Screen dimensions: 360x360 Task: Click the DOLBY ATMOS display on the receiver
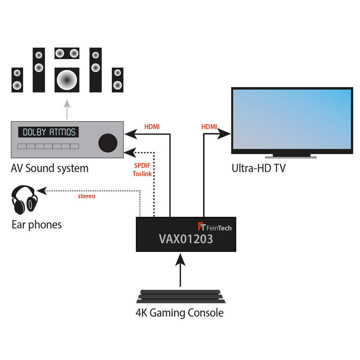[x=49, y=132]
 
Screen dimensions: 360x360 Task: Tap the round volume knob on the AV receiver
[x=108, y=143]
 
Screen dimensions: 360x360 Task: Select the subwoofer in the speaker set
[x=67, y=80]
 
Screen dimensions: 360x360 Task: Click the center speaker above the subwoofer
[x=67, y=53]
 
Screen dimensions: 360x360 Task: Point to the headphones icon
[x=24, y=200]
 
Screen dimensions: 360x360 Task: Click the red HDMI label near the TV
[x=209, y=127]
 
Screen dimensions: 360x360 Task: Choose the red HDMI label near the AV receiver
[x=152, y=127]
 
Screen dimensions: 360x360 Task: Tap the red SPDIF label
[x=142, y=165]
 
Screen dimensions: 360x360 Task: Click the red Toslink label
[x=142, y=174]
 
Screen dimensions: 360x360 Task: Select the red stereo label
[x=87, y=196]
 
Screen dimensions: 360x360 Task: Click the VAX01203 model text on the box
[x=186, y=239]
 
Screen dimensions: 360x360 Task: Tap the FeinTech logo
[x=215, y=227]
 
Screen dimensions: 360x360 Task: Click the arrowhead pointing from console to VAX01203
[x=180, y=260]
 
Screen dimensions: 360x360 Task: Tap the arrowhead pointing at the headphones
[x=42, y=191]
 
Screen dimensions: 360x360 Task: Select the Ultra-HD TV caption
[x=258, y=168]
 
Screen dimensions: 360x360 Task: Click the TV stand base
[x=291, y=156]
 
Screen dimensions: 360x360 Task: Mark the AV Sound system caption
[x=50, y=168]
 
